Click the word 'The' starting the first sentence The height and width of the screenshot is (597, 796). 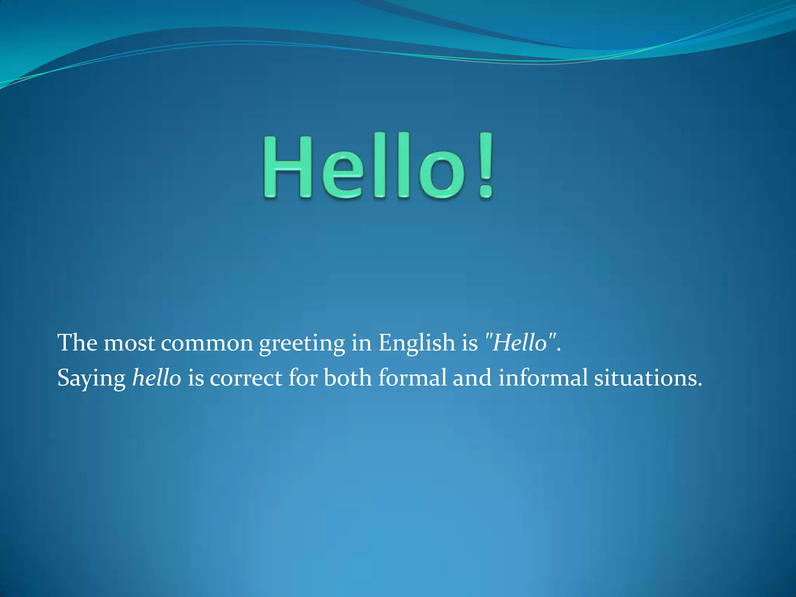pos(77,343)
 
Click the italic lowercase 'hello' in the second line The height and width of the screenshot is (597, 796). pos(157,378)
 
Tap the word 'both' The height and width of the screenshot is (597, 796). pos(347,378)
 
